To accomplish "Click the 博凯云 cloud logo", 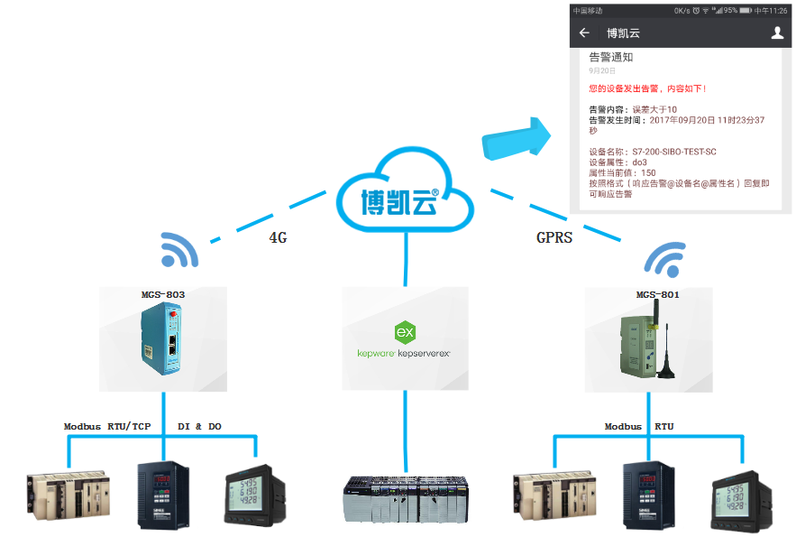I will pos(405,199).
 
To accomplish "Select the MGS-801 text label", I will pos(649,294).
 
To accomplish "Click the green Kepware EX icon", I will pos(405,331).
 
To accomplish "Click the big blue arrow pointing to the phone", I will pos(517,137).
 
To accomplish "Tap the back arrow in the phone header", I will pos(584,33).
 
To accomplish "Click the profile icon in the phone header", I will pos(777,33).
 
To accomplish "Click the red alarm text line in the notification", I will pos(647,88).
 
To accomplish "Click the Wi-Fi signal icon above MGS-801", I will pos(663,259).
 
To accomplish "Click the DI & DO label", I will pos(201,426).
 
